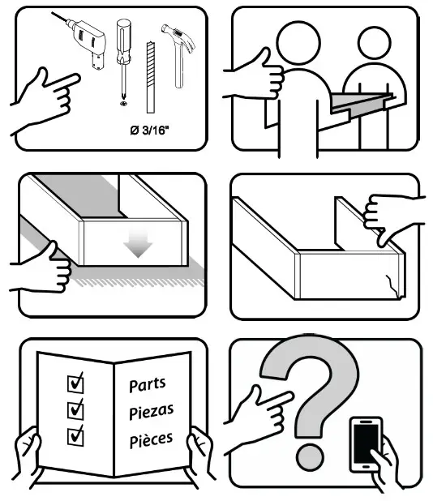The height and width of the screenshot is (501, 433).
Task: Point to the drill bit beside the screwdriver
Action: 149,77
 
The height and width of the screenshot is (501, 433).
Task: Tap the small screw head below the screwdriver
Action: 123,103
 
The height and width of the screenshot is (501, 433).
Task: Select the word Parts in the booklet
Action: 147,385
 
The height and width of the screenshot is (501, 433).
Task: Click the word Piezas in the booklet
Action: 151,412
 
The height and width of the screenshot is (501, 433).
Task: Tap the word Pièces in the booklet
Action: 151,441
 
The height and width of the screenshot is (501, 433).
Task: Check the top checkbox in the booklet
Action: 76,381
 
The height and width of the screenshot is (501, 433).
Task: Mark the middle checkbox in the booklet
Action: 76,408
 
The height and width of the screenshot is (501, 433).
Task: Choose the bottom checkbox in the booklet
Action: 76,435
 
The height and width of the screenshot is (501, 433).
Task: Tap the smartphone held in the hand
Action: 365,443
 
